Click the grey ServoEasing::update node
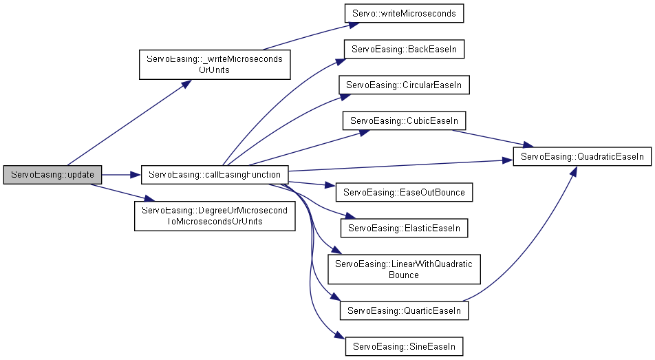[52, 175]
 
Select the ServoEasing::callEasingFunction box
[214, 175]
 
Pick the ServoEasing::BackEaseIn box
[404, 50]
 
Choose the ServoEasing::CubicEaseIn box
[404, 121]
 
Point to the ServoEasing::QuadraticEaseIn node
[582, 157]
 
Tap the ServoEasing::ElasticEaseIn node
[404, 227]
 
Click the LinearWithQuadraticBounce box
[404, 269]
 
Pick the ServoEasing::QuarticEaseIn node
[404, 310]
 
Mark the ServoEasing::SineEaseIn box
[404, 346]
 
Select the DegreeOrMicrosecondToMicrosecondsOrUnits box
[214, 215]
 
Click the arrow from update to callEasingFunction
[121, 175]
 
